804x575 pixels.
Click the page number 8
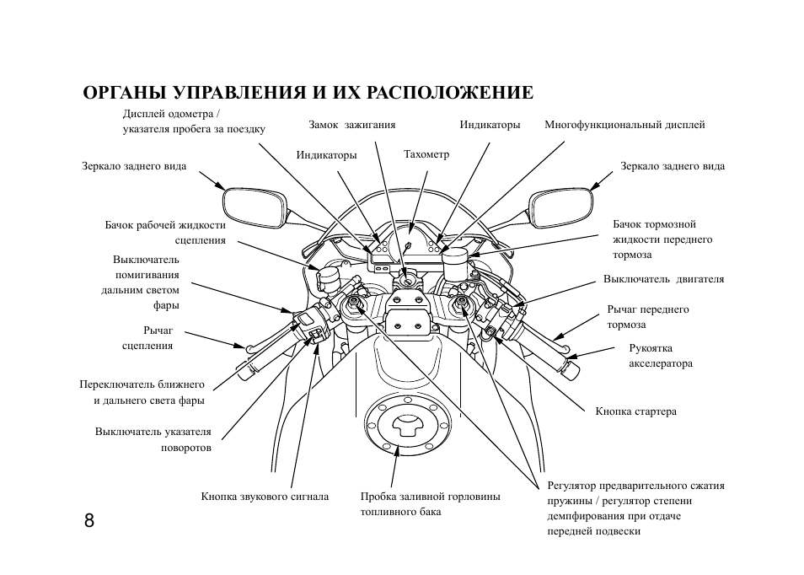tap(89, 519)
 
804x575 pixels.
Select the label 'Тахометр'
tap(426, 155)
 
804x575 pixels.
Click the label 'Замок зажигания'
tap(351, 125)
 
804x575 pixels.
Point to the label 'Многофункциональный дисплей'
tap(624, 125)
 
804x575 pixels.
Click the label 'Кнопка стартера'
tap(635, 411)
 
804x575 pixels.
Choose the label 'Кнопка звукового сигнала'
tap(265, 497)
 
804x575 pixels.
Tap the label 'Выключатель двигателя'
tap(663, 279)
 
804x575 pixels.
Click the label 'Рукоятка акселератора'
tap(660, 355)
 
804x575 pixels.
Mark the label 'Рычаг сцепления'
tap(147, 338)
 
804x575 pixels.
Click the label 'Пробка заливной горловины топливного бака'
tap(430, 504)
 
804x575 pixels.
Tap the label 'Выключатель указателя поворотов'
tap(153, 439)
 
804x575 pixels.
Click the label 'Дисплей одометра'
tap(172, 114)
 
